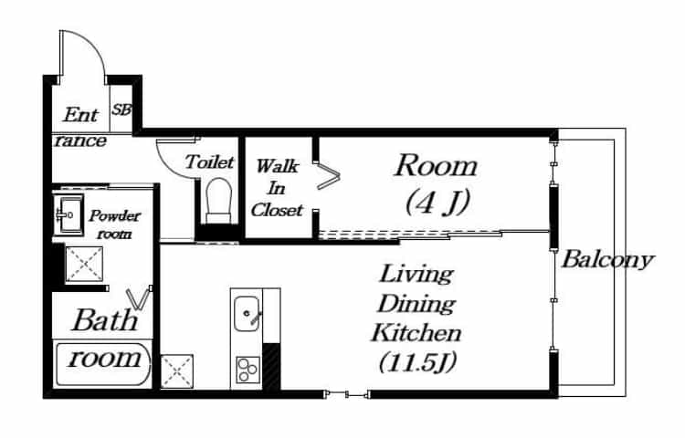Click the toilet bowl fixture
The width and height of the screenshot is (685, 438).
[x=218, y=201]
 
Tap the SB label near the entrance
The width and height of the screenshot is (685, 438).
[x=121, y=109]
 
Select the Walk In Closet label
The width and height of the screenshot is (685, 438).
[x=277, y=188]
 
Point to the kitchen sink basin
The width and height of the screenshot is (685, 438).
[x=247, y=314]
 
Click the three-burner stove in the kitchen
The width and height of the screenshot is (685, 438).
[x=248, y=370]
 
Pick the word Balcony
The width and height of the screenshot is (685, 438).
[x=607, y=260]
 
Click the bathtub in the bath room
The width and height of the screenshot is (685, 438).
[x=103, y=365]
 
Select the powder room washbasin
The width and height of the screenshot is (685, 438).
[x=68, y=215]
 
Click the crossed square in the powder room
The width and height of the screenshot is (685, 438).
[x=84, y=264]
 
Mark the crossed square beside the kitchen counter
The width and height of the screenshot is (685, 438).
[x=177, y=371]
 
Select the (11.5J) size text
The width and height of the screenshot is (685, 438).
[x=417, y=362]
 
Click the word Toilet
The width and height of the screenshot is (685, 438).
[x=209, y=162]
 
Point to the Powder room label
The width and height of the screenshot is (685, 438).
[x=114, y=224]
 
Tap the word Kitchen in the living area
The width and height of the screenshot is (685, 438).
[x=416, y=333]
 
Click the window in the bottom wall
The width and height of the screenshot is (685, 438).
[x=347, y=395]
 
